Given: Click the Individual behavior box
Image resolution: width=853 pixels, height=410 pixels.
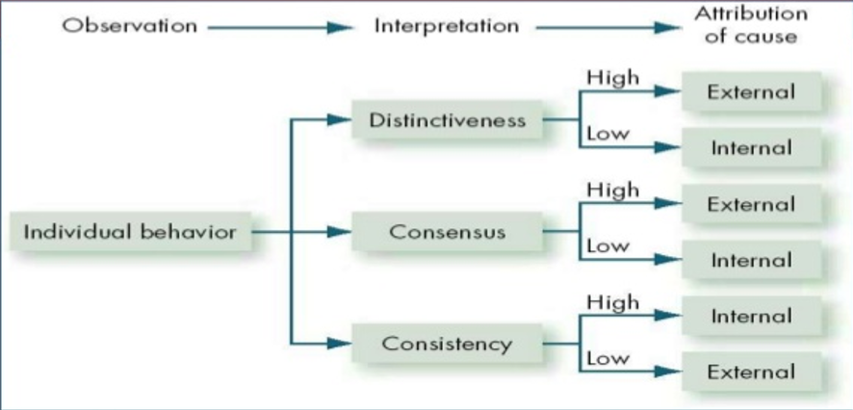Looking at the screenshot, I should click(x=130, y=232).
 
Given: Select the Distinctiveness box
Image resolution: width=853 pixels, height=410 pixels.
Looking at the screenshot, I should click(x=448, y=120).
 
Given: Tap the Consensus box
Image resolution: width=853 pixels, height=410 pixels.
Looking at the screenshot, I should click(x=448, y=232).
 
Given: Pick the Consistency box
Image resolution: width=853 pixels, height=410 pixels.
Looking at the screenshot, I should click(x=448, y=344).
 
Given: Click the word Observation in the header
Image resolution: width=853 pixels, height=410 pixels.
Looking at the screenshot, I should click(x=129, y=25).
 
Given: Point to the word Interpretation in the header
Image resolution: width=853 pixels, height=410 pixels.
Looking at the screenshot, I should click(x=446, y=25).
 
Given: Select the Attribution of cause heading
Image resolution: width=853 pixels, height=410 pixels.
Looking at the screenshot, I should click(x=751, y=26).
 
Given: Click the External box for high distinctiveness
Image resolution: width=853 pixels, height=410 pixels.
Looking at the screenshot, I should click(x=751, y=92).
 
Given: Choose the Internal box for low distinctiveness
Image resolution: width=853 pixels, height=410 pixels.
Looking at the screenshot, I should click(x=751, y=148).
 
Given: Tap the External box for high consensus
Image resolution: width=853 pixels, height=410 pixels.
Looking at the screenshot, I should click(x=751, y=204).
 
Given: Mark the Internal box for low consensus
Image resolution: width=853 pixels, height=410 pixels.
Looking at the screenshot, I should click(x=751, y=260).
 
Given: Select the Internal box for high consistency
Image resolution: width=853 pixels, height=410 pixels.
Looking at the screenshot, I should click(x=751, y=316).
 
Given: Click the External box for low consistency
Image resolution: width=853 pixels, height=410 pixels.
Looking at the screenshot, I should click(x=751, y=372).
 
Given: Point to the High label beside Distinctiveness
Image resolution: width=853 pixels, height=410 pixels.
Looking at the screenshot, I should click(x=612, y=78).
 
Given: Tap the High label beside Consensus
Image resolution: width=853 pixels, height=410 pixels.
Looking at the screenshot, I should click(x=612, y=190).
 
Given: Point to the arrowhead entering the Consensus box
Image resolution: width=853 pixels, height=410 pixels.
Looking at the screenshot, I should click(x=339, y=232).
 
